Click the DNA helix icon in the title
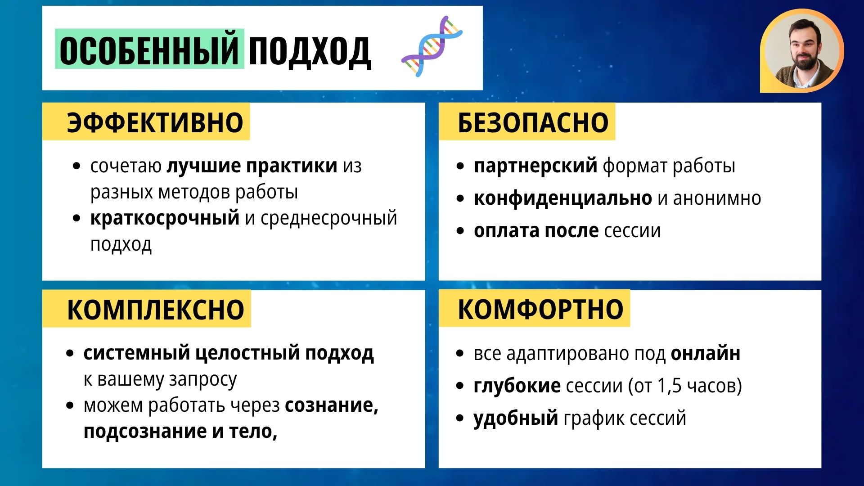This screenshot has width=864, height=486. pyautogui.click(x=432, y=46)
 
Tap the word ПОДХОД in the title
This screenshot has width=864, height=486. pyautogui.click(x=310, y=51)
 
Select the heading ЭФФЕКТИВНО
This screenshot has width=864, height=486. pyautogui.click(x=155, y=122)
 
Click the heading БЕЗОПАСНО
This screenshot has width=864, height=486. pyautogui.click(x=533, y=122)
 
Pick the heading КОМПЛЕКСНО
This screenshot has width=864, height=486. pyautogui.click(x=155, y=310)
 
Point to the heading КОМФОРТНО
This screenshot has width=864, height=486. pyautogui.click(x=540, y=310)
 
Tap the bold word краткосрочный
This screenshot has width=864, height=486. pyautogui.click(x=165, y=218)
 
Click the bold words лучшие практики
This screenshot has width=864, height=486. pyautogui.click(x=252, y=166)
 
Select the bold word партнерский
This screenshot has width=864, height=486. pyautogui.click(x=535, y=166)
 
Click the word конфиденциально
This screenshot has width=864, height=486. pyautogui.click(x=562, y=198)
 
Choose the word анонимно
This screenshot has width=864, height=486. pyautogui.click(x=717, y=198)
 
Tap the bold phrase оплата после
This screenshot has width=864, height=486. pyautogui.click(x=536, y=231)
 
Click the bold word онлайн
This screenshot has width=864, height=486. pyautogui.click(x=705, y=354)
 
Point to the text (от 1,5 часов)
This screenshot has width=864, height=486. pyautogui.click(x=685, y=386)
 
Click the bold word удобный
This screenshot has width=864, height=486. pyautogui.click(x=516, y=418)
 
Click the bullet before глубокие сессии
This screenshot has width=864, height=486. pyautogui.click(x=459, y=386)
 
